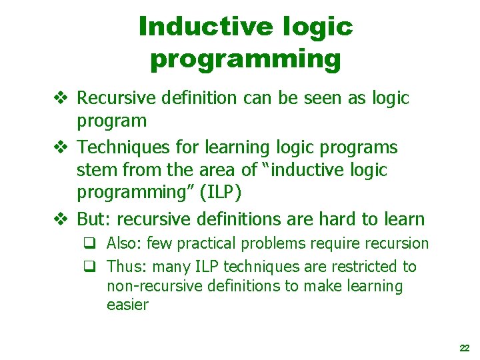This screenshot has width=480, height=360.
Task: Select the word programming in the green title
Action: pos(245,59)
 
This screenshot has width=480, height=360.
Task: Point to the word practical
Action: pos(203,244)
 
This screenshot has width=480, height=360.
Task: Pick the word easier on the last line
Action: pos(127,305)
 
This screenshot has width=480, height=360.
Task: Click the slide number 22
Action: pos(465,348)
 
